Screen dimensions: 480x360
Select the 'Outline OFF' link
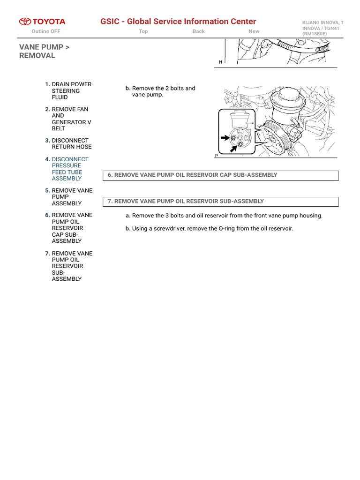46,31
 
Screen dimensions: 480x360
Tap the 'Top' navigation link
143,31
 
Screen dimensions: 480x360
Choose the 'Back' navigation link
198,31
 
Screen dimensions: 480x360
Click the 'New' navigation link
254,31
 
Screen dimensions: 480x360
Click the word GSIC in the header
110,22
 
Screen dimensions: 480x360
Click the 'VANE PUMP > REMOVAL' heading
45,52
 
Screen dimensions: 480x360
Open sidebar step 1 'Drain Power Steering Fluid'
71,91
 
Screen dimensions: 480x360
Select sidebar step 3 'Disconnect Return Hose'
71,143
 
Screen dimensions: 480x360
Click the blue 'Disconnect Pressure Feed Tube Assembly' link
70,169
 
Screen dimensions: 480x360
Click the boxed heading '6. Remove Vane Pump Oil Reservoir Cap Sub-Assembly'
193,175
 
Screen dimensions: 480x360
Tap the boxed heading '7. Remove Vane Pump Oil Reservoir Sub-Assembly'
186,201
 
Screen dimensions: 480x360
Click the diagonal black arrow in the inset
233,149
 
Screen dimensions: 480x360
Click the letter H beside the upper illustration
220,62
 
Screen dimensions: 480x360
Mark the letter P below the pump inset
217,156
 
